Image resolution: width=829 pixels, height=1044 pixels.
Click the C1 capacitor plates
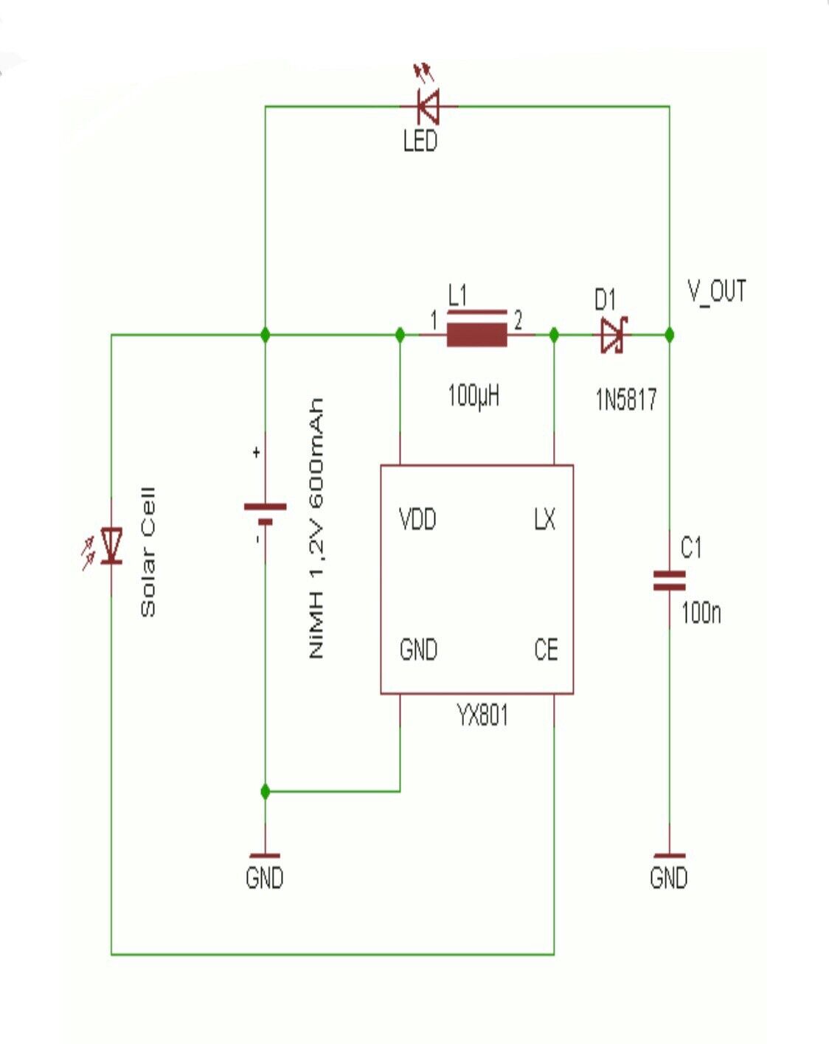click(x=669, y=581)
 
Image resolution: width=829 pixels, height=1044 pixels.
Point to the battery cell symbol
click(x=265, y=513)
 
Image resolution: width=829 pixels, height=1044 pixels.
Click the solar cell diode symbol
click(x=111, y=546)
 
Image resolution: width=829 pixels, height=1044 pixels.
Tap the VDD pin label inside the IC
click(x=417, y=520)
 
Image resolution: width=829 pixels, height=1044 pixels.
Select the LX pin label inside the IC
click(x=544, y=520)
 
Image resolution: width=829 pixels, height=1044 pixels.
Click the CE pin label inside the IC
click(x=546, y=650)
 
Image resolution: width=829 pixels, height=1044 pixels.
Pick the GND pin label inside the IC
click(x=418, y=650)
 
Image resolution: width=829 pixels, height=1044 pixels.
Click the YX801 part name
click(x=482, y=715)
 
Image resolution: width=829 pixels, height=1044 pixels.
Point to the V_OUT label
click(x=716, y=291)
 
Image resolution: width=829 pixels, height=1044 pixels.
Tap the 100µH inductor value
click(x=474, y=396)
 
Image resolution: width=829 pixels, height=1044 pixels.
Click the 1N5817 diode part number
click(x=625, y=400)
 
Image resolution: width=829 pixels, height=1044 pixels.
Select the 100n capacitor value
click(x=701, y=613)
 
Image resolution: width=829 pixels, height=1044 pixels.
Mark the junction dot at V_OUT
click(x=669, y=335)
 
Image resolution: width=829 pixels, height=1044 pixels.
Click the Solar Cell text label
click(x=148, y=551)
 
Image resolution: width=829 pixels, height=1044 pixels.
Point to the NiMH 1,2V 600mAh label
click(x=316, y=528)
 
